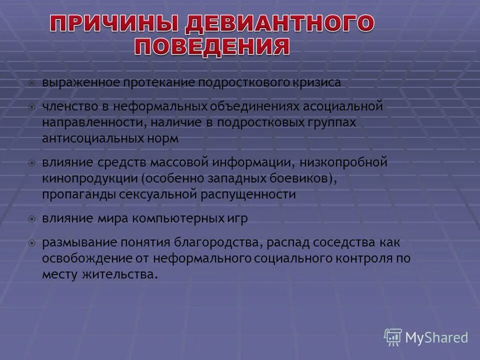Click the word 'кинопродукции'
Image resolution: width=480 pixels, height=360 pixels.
pyautogui.click(x=89, y=178)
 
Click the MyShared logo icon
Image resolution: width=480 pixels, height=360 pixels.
pyautogui.click(x=393, y=337)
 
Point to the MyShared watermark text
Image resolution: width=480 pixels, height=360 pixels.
pyautogui.click(x=436, y=338)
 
